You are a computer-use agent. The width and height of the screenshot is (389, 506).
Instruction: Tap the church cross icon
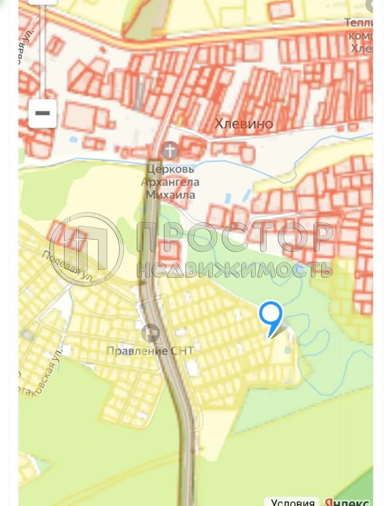click(171, 151)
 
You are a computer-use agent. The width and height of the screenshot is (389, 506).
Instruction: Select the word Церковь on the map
click(170, 169)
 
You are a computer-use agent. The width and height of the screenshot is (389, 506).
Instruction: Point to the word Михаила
click(170, 195)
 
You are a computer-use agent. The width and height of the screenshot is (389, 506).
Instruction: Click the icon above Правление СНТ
click(150, 333)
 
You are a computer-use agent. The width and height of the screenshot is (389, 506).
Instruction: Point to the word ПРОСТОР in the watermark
click(235, 237)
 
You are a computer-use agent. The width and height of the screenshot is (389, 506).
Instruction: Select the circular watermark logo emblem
click(86, 249)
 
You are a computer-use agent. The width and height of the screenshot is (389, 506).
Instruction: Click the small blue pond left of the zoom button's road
click(73, 140)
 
